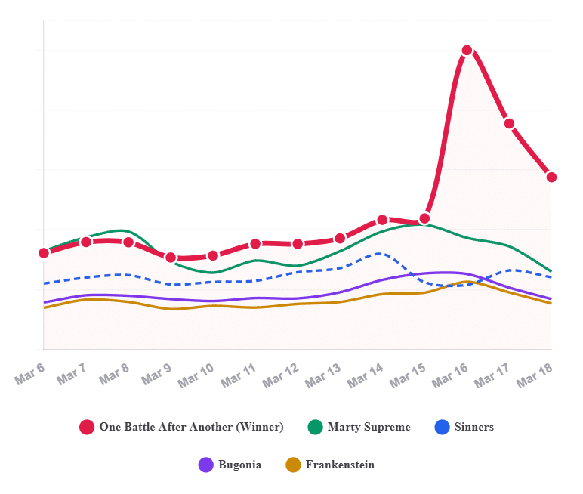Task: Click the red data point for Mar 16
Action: click(467, 51)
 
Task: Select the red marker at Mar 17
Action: click(509, 123)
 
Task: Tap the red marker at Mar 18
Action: click(551, 178)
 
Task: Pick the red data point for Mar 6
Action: click(44, 252)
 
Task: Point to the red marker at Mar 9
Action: click(171, 258)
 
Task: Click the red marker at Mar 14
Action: click(382, 220)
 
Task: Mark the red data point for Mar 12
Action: click(298, 244)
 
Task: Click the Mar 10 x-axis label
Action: click(196, 375)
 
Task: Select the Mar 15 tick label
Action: click(408, 375)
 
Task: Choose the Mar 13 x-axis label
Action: click(323, 375)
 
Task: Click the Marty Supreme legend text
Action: click(369, 427)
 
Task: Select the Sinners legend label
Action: click(474, 427)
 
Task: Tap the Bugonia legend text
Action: click(239, 465)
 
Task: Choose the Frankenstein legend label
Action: click(340, 465)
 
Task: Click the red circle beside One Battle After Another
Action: click(87, 427)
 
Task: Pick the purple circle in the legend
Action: click(206, 465)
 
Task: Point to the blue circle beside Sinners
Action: click(443, 427)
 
